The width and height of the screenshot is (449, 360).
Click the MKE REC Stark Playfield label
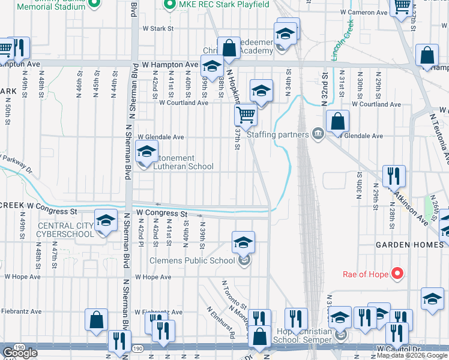(218, 4)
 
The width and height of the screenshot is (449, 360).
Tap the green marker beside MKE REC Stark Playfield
(170, 4)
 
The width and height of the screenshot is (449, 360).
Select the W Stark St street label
(157, 28)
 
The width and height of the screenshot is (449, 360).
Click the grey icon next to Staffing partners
(318, 135)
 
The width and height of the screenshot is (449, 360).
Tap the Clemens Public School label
(192, 261)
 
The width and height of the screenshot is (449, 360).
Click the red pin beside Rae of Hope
(397, 274)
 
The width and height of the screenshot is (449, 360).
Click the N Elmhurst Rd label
(221, 323)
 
